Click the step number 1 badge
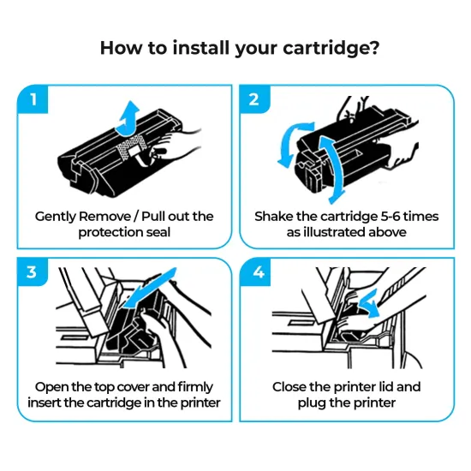click(x=33, y=99)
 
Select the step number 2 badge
click(x=254, y=99)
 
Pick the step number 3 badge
click(x=33, y=272)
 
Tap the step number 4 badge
click(x=254, y=272)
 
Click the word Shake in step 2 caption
click(x=274, y=216)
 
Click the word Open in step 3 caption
click(x=50, y=386)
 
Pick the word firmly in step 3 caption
click(x=198, y=386)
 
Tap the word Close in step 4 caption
click(x=292, y=386)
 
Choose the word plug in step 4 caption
click(x=313, y=402)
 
